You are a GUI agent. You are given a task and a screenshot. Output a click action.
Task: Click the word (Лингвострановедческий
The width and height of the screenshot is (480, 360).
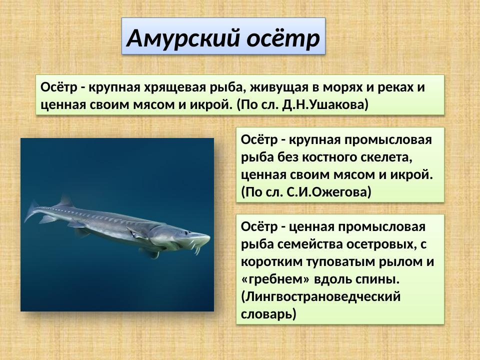[321, 296]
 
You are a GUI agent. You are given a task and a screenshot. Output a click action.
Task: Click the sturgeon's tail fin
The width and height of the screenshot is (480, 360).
[33, 212]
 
